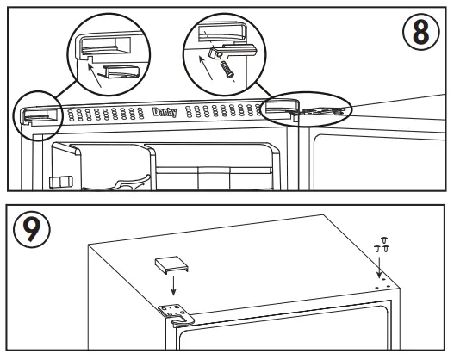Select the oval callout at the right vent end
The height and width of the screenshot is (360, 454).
point(308,109)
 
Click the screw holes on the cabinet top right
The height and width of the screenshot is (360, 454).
point(385,280)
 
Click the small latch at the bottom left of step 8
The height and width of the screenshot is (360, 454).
point(57,181)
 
